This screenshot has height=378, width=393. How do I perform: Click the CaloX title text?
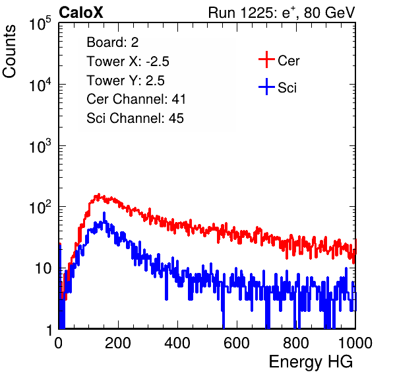[x=80, y=13]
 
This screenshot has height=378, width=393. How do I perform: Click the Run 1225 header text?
[x=282, y=13]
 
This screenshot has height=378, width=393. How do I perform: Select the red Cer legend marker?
[x=266, y=59]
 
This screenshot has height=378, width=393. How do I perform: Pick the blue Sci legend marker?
[x=266, y=87]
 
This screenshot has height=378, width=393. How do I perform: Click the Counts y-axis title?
[x=9, y=52]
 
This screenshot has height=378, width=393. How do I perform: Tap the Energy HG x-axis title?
[x=311, y=362]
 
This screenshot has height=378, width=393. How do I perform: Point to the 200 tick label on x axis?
[x=118, y=342]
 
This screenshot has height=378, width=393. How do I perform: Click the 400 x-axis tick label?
[x=177, y=342]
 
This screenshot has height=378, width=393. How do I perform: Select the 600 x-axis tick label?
[x=237, y=342]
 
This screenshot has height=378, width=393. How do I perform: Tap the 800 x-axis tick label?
[x=296, y=342]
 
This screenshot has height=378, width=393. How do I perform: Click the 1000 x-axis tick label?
[x=355, y=342]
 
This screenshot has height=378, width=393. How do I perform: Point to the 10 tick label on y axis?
[x=44, y=268]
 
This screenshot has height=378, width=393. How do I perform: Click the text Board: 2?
[x=113, y=42]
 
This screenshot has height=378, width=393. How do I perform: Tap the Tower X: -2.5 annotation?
[x=128, y=61]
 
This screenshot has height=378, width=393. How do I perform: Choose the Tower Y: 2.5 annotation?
[x=125, y=81]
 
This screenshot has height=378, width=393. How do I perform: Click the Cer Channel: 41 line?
[x=136, y=99]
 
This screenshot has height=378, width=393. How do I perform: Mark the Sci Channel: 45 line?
[x=135, y=118]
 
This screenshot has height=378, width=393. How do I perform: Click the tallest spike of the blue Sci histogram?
[x=104, y=213]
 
